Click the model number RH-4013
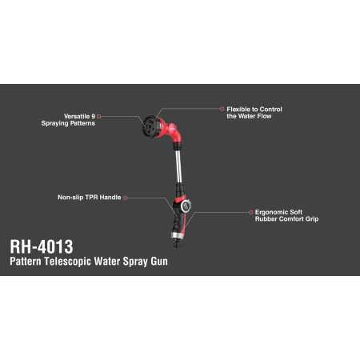pos(42,246)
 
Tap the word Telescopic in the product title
pos(68,262)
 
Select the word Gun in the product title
pos(159,262)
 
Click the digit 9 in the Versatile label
pos(93,116)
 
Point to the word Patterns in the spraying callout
pos(82,123)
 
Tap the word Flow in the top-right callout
pos(264,116)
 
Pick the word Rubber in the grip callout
pos(265,219)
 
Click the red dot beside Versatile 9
pos(99,117)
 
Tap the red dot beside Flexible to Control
pos(222,109)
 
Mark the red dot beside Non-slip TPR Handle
pos(125,198)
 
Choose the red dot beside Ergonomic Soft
pos(250,212)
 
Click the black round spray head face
pos(150,126)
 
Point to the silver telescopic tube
pos(178,166)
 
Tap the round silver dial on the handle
pos(186,206)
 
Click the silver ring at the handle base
pos(178,236)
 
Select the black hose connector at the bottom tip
pos(176,242)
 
